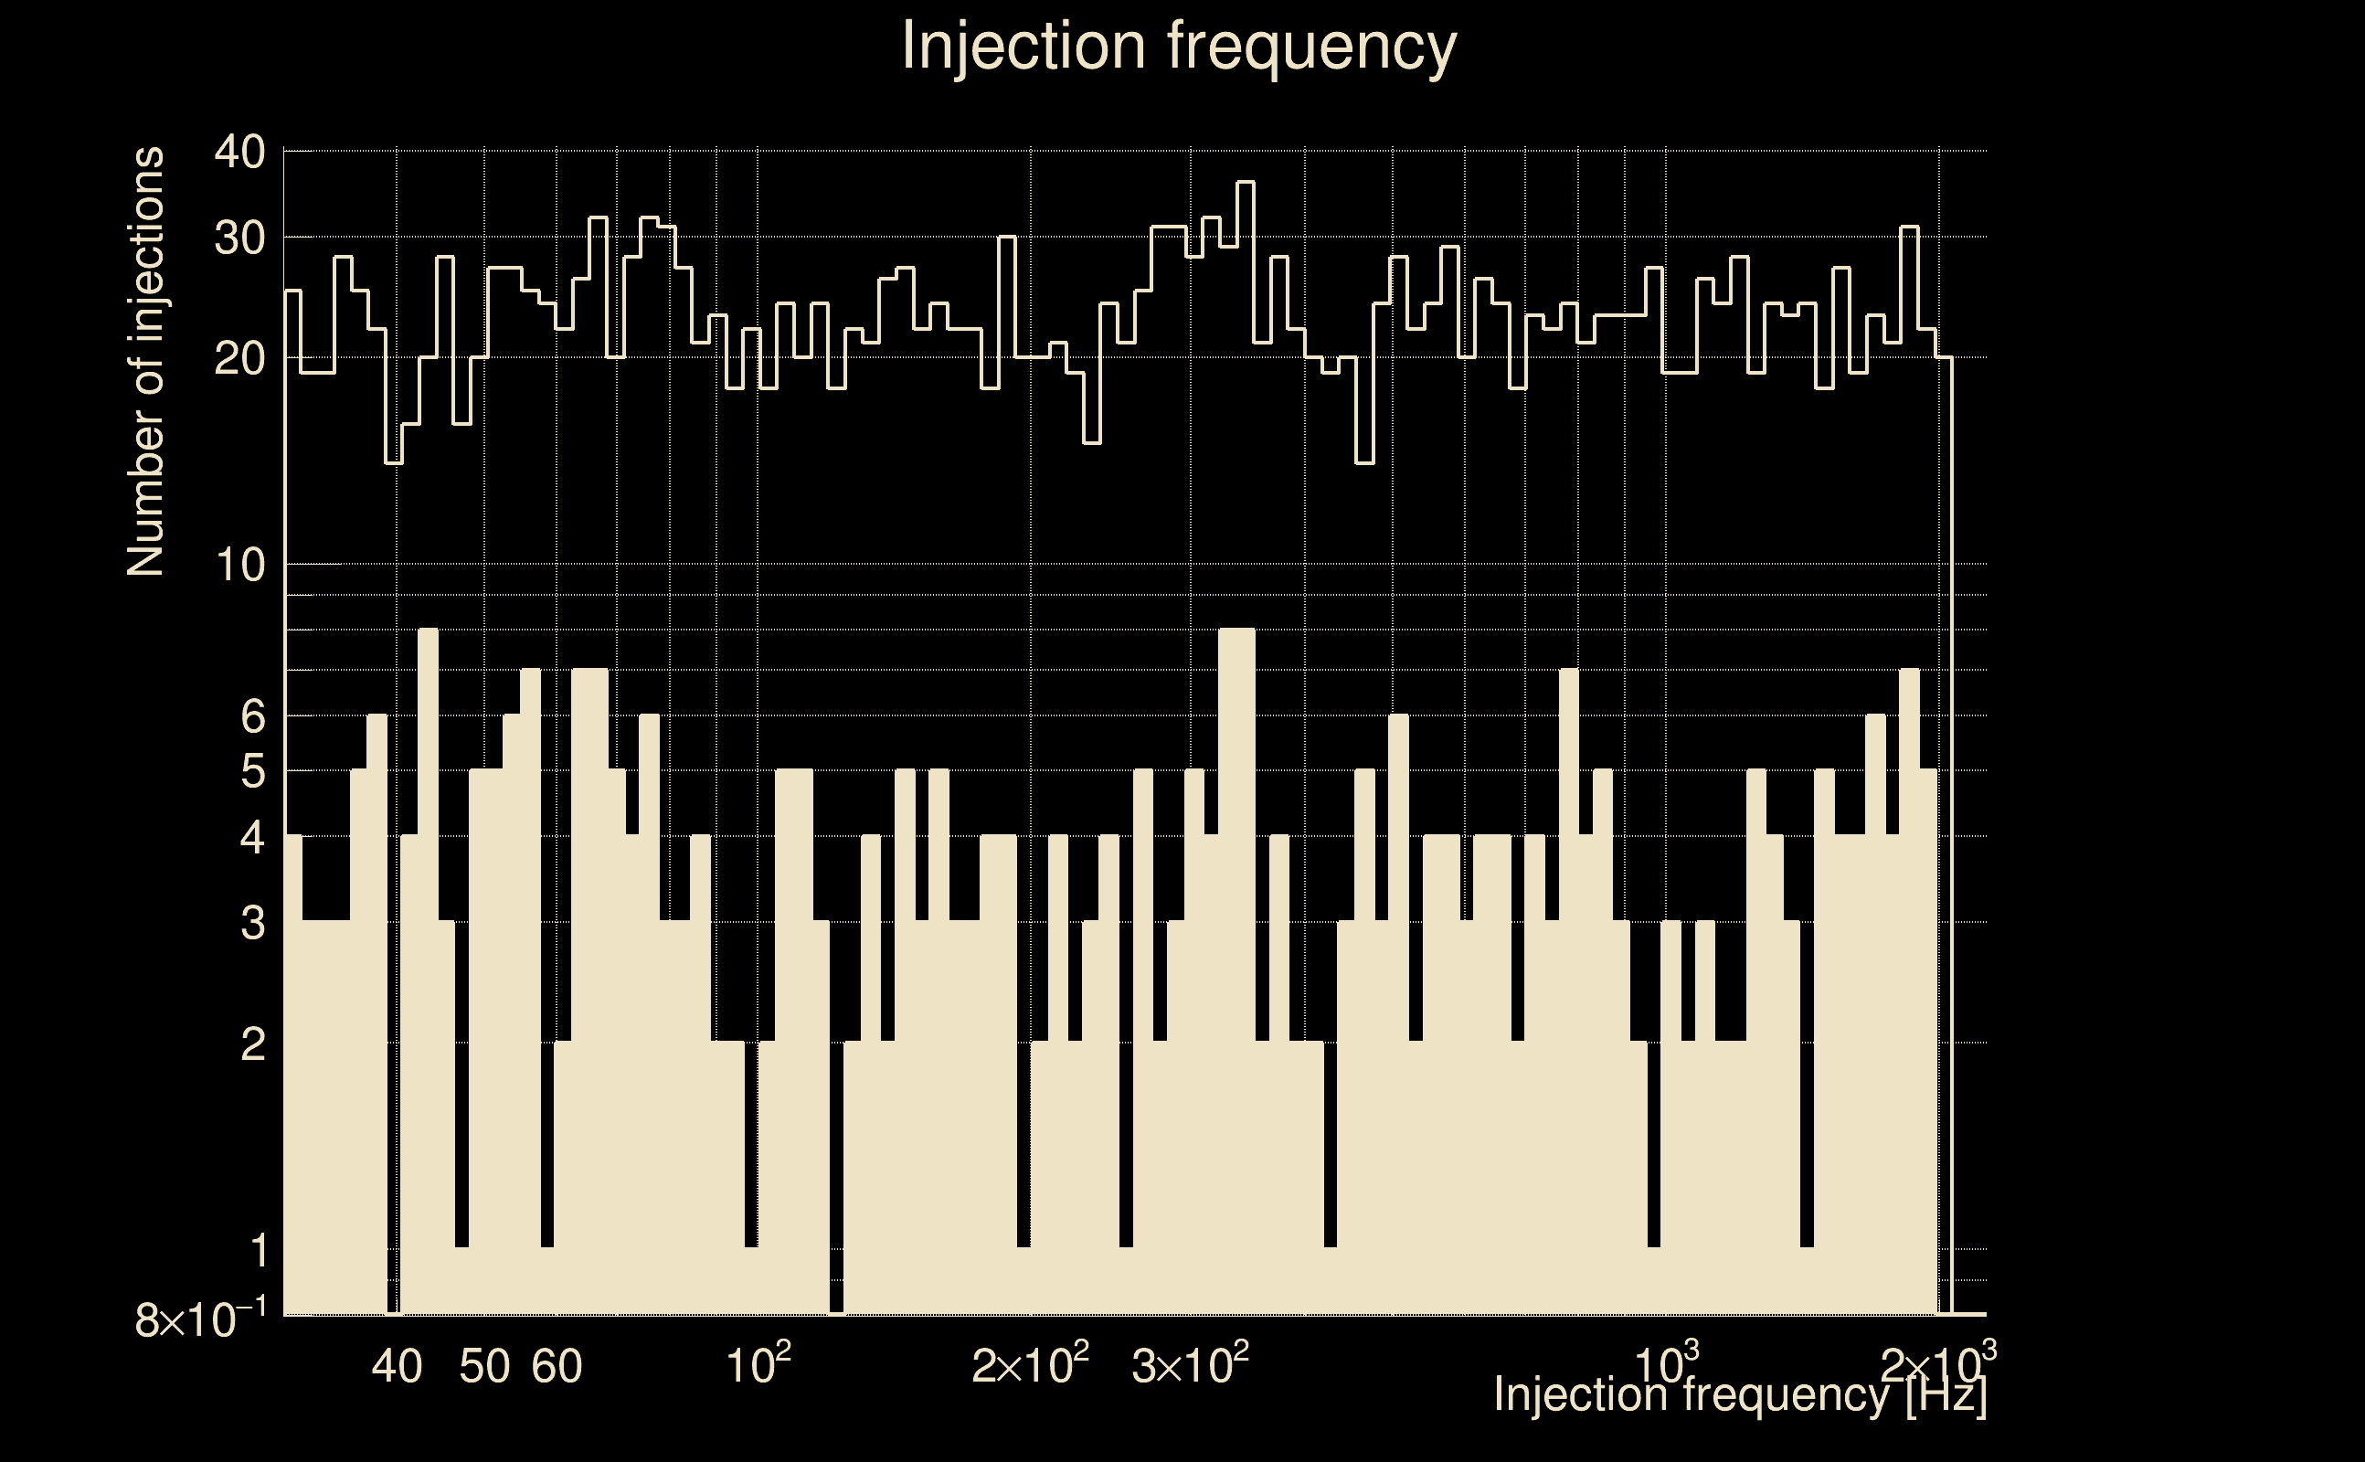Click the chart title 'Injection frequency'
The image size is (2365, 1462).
click(1179, 46)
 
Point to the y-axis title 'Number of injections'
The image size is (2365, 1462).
click(145, 362)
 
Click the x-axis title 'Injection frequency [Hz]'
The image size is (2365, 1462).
click(1740, 1394)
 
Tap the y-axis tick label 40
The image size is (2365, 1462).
click(239, 153)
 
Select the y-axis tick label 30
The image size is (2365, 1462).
click(239, 238)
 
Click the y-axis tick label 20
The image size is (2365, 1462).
click(239, 360)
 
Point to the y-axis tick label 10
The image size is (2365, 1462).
click(239, 566)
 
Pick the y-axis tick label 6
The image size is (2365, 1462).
click(252, 717)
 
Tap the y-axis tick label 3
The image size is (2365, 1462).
click(252, 925)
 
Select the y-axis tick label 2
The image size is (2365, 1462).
click(252, 1045)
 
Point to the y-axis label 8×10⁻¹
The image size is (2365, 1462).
click(200, 1319)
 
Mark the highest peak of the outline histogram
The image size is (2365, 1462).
click(1246, 182)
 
